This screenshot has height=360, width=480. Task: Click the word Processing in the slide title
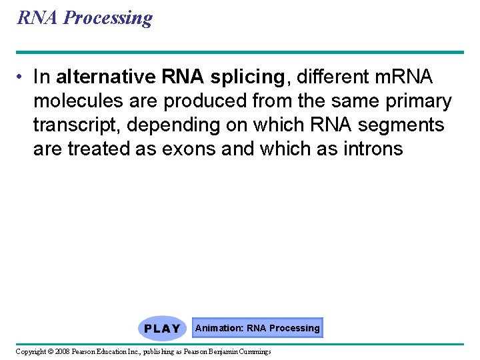pyautogui.click(x=107, y=18)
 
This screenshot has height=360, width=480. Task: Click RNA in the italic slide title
pyautogui.click(x=38, y=17)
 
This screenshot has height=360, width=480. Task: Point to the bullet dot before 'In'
pyautogui.click(x=22, y=77)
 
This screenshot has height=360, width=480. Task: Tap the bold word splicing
pyautogui.click(x=247, y=77)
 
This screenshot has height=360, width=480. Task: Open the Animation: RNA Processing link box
pyautogui.click(x=257, y=328)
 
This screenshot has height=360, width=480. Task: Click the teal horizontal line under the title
pyautogui.click(x=240, y=52)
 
